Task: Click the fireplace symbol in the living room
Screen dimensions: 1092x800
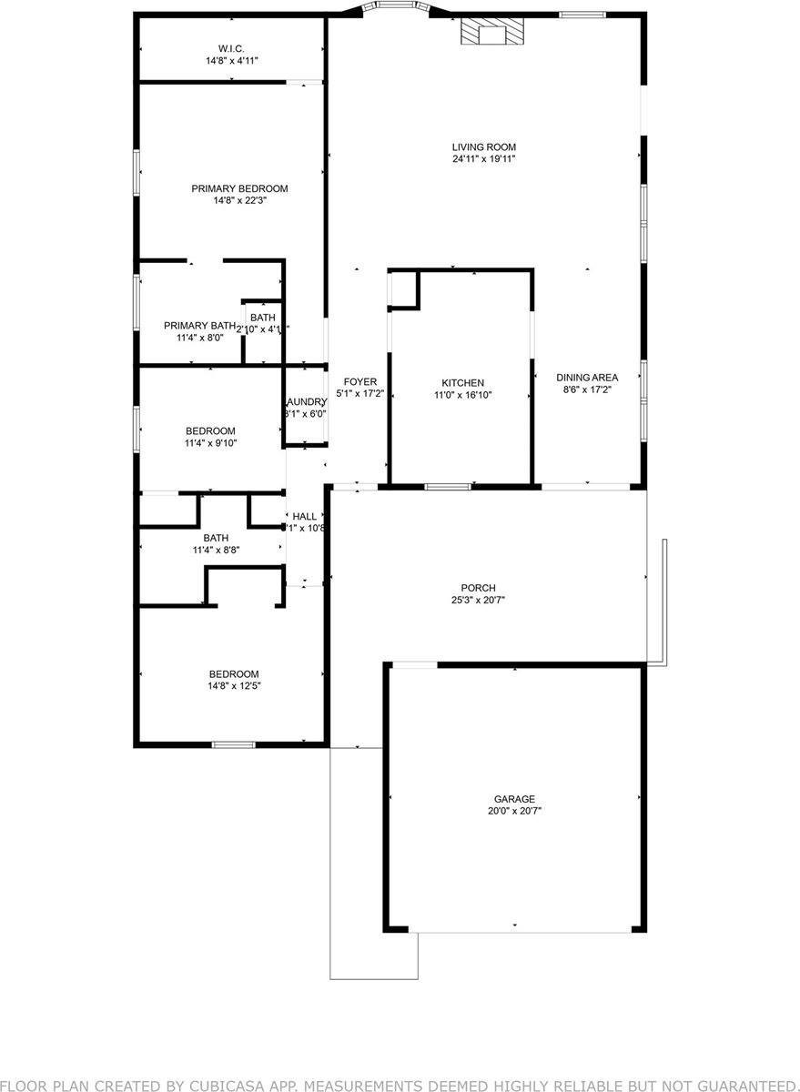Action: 491,33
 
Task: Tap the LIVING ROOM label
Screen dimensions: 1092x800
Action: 484,147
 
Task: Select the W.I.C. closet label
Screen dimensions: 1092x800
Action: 230,48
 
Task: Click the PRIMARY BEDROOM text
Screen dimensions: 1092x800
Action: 239,188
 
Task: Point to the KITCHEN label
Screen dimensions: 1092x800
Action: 462,383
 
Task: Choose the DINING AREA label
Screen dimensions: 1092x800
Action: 588,378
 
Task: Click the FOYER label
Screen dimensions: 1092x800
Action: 359,382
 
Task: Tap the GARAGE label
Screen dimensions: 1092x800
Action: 515,799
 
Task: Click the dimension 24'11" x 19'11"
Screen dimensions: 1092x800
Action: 484,159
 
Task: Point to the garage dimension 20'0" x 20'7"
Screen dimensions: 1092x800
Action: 515,811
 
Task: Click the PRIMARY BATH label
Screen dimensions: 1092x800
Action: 199,325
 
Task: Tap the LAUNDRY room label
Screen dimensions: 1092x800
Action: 306,401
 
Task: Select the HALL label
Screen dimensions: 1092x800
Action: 305,516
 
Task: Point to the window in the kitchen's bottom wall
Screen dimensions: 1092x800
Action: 448,487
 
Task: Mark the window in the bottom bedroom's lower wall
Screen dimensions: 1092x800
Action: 233,744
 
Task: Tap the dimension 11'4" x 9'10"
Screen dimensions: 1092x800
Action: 210,443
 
